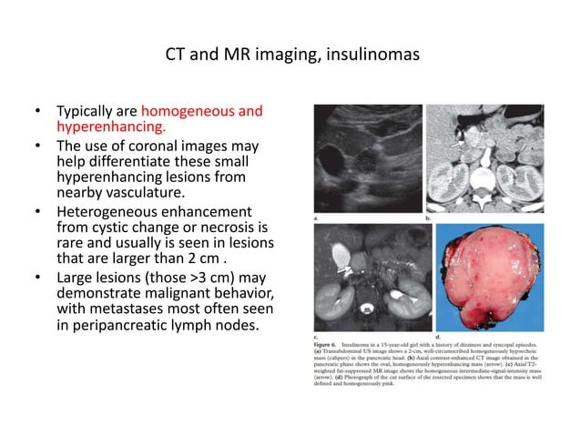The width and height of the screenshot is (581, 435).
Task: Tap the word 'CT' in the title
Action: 178,54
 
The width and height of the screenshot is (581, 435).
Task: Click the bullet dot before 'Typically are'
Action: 37,111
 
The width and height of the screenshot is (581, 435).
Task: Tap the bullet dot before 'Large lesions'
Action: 37,278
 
